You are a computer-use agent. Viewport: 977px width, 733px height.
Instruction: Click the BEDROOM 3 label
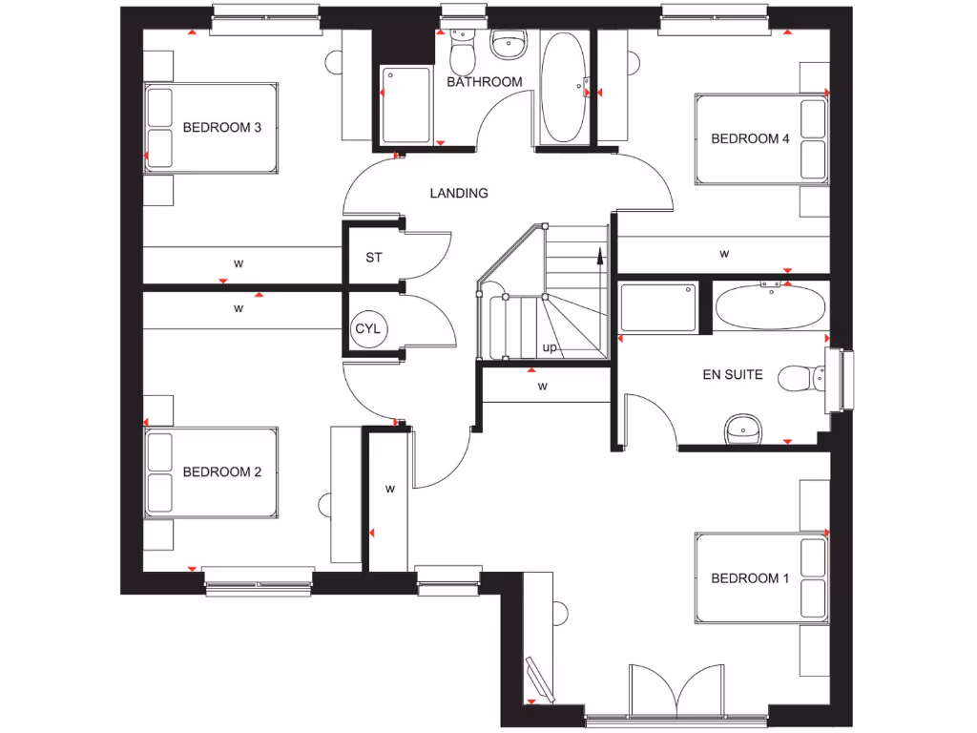(221, 127)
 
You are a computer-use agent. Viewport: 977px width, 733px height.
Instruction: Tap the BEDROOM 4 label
(750, 138)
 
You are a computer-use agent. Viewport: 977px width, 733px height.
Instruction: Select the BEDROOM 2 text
(221, 471)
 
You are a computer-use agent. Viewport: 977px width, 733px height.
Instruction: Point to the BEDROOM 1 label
(750, 578)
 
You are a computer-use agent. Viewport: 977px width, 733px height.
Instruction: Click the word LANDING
(459, 193)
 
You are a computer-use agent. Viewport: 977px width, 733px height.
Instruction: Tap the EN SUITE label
(732, 375)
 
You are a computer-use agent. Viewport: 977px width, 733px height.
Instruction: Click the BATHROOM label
(485, 82)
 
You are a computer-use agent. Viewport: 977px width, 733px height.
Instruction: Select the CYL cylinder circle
(367, 329)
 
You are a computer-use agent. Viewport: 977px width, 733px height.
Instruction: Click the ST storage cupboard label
(374, 259)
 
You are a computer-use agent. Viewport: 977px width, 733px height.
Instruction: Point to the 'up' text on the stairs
(550, 347)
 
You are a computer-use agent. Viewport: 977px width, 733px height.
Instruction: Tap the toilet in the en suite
(800, 379)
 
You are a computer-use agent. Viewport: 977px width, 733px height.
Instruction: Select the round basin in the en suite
(742, 429)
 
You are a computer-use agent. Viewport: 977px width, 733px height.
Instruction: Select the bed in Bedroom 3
(211, 128)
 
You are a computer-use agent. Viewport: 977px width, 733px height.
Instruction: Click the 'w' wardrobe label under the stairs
(542, 387)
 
